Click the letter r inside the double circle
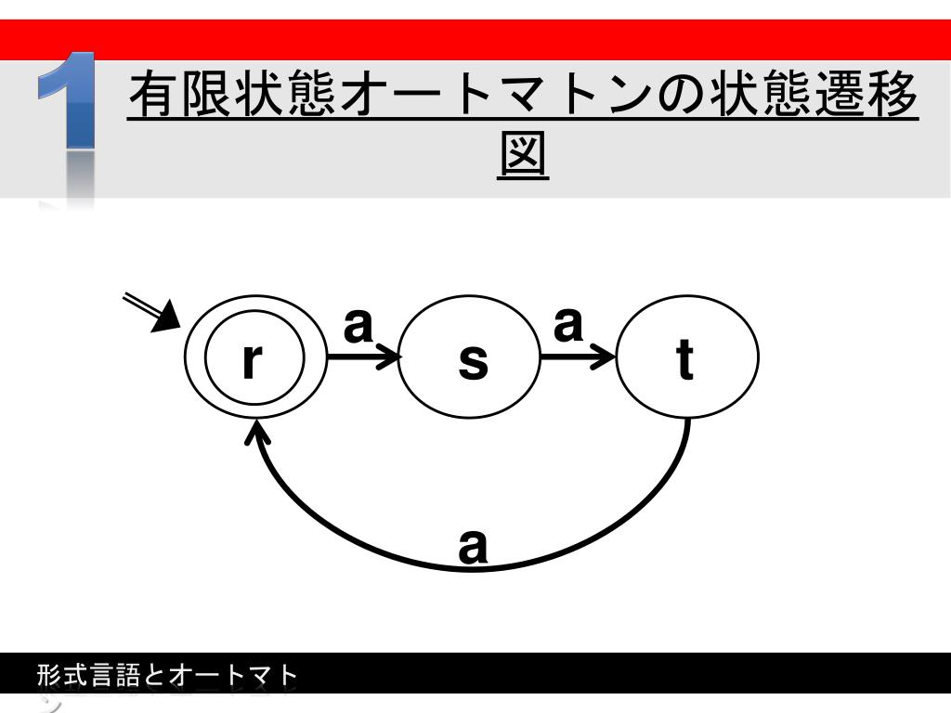[x=248, y=361]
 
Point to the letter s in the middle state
[x=473, y=362]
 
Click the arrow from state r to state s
[x=363, y=356]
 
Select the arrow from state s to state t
[x=578, y=356]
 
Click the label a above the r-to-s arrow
[x=358, y=325]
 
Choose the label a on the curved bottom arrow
[x=473, y=546]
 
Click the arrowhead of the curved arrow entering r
[x=257, y=429]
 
